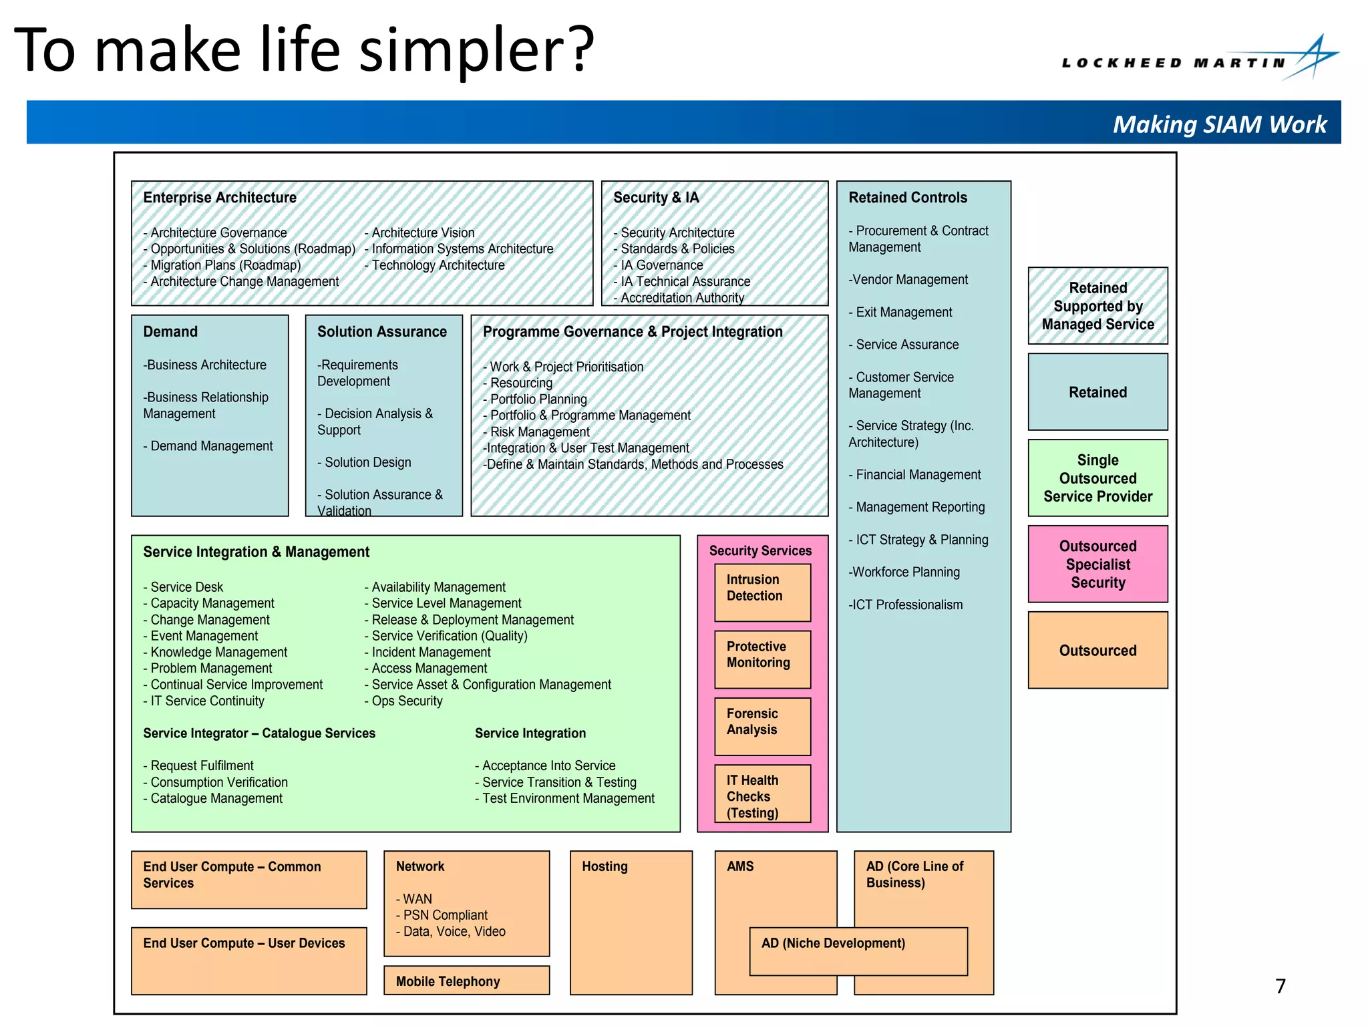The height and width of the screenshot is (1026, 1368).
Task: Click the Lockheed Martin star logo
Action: coord(1313,57)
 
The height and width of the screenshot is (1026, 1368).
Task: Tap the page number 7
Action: coord(1280,986)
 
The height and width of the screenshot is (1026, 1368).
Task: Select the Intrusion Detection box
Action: coord(762,592)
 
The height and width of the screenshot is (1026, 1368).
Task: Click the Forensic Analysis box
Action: coord(762,725)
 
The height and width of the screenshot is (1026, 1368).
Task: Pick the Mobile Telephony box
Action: coord(466,981)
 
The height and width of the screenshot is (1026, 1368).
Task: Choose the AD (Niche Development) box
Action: coord(858,951)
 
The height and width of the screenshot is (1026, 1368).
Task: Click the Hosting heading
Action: coord(605,866)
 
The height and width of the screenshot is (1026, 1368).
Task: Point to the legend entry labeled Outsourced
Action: coord(1097,650)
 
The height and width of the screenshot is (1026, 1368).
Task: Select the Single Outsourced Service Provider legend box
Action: coord(1097,478)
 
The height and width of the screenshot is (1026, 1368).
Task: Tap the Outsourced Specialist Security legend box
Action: coord(1097,564)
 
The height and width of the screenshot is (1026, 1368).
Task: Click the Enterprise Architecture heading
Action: coord(220,198)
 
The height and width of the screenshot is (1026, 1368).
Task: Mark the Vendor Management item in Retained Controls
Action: coord(908,280)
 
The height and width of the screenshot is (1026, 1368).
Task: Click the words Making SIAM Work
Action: coord(1219,124)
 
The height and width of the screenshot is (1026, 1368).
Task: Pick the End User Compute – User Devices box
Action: coord(248,960)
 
